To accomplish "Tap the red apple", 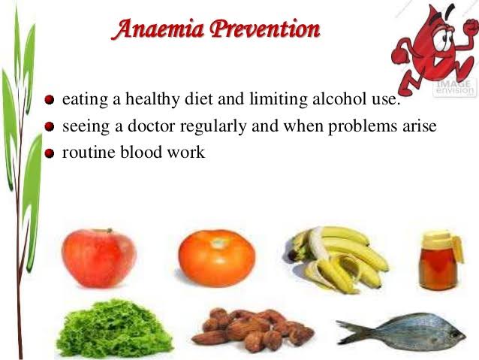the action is [x=98, y=258].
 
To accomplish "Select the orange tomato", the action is [x=216, y=258].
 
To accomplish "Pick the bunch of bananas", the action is [x=337, y=260].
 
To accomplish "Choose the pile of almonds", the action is [x=253, y=330].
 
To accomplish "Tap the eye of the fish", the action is [x=454, y=334].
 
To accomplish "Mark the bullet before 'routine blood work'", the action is [x=50, y=153].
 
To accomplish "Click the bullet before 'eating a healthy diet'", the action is [x=50, y=100].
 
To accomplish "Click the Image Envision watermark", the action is [x=455, y=87].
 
